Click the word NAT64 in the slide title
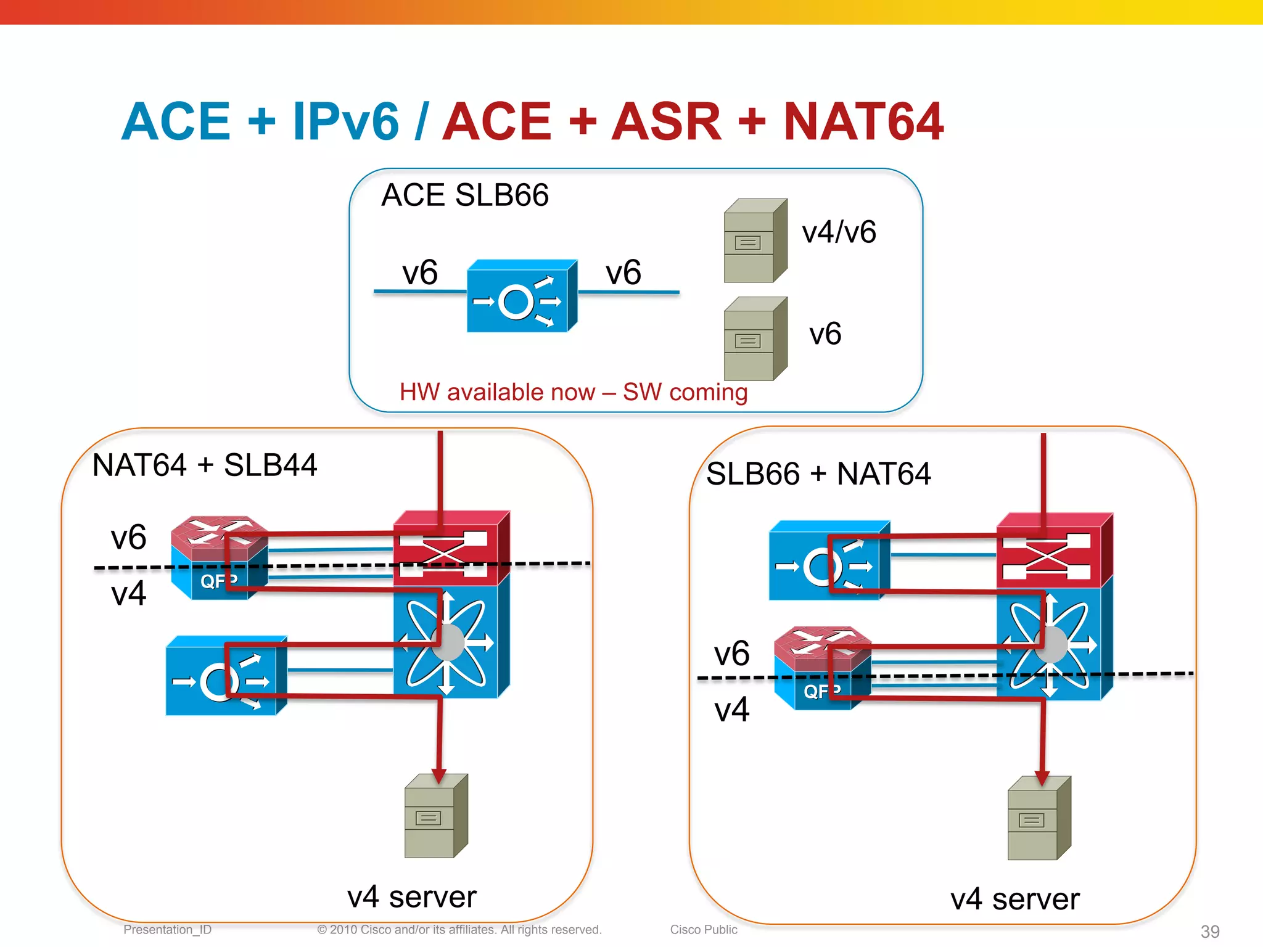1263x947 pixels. [863, 121]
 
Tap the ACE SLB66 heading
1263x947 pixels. [465, 195]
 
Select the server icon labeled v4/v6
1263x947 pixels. [755, 241]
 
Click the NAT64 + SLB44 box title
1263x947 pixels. [204, 465]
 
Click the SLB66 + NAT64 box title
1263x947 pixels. [818, 474]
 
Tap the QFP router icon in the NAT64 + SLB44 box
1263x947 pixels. [219, 557]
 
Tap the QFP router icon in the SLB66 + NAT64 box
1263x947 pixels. [822, 668]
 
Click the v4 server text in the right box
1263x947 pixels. [1014, 899]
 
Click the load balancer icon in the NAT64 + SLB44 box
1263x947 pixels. [226, 676]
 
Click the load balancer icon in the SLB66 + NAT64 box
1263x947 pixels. [829, 562]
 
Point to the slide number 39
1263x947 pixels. [1209, 931]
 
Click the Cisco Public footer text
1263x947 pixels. [703, 930]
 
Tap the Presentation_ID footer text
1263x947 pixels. [167, 930]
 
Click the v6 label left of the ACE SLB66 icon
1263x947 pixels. [420, 273]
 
